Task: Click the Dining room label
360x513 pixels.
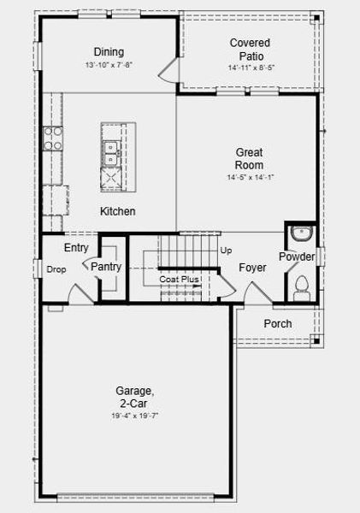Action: pos(109,51)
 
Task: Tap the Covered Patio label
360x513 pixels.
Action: pos(250,49)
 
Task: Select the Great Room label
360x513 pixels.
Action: pos(250,158)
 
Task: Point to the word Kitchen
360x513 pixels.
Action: pos(118,211)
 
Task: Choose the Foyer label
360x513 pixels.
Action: pos(252,268)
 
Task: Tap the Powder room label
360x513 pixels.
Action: pos(297,257)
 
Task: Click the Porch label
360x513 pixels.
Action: pos(277,323)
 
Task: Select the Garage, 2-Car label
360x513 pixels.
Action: pos(136,397)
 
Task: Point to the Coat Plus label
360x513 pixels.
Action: pos(179,280)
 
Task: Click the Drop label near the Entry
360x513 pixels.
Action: pos(56,269)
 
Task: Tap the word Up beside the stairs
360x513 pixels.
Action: pos(226,251)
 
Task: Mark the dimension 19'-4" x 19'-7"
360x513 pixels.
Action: pos(136,415)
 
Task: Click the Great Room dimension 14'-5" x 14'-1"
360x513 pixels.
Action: pos(250,177)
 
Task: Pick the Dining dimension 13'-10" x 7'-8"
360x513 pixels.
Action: pos(109,65)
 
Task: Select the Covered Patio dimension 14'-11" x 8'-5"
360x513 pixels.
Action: pos(250,67)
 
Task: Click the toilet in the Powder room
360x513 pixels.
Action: pos(300,284)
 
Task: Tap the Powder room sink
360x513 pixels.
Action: pos(301,233)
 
